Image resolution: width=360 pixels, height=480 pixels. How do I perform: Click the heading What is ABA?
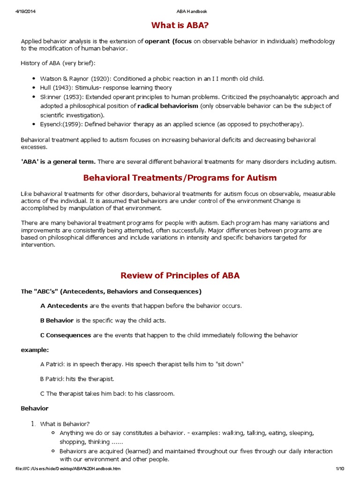click(x=180, y=25)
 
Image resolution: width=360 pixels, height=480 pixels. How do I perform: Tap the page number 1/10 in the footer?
click(x=340, y=469)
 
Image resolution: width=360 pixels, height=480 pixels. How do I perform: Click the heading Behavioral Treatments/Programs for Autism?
click(x=180, y=178)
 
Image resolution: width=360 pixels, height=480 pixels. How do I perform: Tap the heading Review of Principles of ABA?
click(x=180, y=276)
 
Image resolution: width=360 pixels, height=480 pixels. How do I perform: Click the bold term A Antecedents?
click(x=64, y=306)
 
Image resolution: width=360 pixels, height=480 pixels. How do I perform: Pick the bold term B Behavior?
click(x=57, y=321)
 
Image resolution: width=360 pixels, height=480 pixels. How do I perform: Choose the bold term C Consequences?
click(x=66, y=335)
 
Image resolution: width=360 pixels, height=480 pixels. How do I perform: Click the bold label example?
click(x=35, y=350)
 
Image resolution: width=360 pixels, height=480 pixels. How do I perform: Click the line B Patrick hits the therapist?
click(x=77, y=379)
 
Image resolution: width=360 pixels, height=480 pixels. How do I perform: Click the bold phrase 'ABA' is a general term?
click(x=58, y=162)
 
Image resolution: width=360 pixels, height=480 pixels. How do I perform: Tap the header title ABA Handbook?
click(x=180, y=11)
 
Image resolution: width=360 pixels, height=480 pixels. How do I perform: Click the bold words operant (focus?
click(x=168, y=41)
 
